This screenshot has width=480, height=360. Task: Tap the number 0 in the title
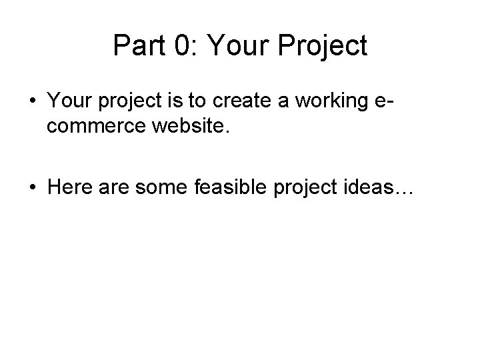coord(179,45)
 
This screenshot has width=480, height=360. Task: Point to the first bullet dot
coord(33,100)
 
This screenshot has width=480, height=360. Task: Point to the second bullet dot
coord(33,189)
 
